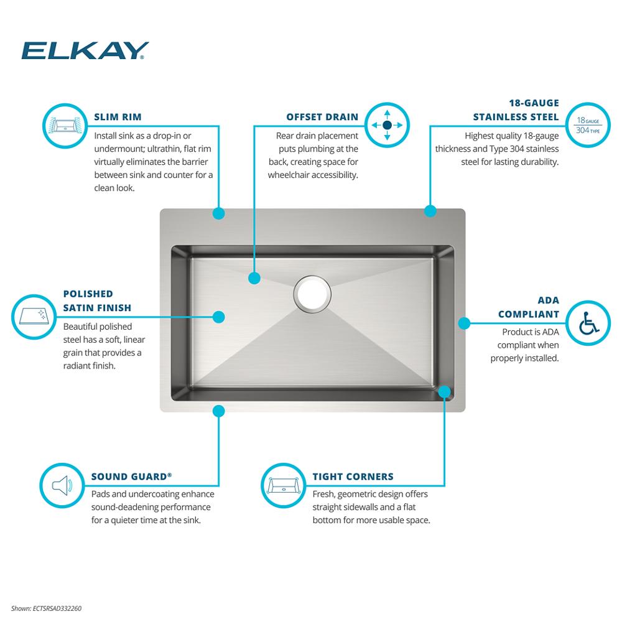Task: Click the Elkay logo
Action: point(85,50)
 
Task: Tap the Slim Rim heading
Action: point(118,117)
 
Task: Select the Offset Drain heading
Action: point(322,117)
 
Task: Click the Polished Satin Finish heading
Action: point(97,300)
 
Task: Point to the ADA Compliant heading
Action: point(528,307)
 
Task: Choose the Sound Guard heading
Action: point(131,476)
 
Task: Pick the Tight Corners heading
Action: point(353,476)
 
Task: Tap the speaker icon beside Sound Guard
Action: point(62,485)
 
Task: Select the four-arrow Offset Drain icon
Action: point(387,126)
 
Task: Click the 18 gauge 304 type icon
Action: point(588,125)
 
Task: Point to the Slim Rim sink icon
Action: point(65,126)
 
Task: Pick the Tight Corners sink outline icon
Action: point(283,485)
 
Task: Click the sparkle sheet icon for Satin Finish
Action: point(34,317)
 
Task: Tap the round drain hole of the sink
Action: point(312,294)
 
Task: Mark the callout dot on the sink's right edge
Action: point(464,323)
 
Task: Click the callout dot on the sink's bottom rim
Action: point(218,411)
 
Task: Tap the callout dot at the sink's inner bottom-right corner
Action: point(445,392)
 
